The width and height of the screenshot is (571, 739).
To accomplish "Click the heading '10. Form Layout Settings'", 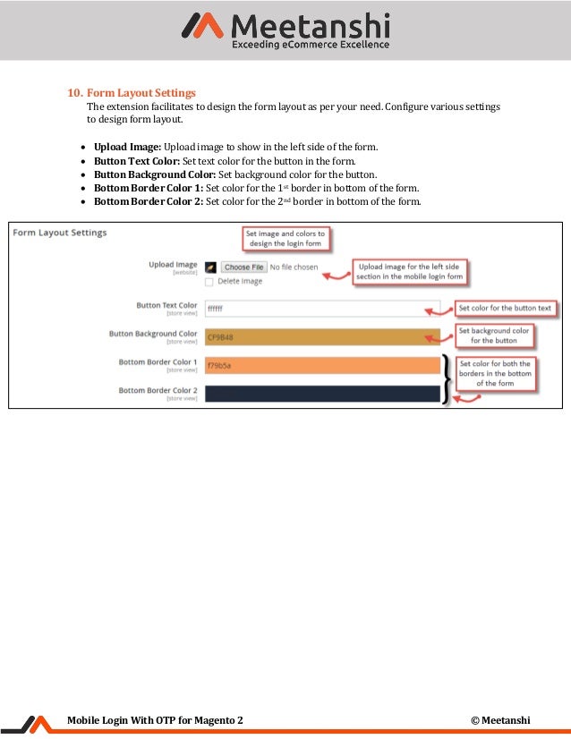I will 132,93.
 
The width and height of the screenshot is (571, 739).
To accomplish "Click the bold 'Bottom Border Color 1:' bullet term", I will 149,188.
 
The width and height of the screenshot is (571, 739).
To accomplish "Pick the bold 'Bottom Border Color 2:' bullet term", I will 149,201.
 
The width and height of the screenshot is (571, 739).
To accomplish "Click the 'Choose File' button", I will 243,267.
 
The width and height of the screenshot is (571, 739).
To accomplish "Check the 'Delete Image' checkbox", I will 209,281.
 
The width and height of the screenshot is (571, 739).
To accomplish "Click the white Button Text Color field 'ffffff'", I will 322,309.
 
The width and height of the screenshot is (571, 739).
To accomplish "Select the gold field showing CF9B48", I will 322,337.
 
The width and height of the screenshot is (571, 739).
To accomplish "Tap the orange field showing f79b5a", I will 322,365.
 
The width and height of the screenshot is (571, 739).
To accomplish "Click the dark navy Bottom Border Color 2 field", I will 322,393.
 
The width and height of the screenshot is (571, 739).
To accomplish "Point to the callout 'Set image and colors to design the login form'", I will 285,238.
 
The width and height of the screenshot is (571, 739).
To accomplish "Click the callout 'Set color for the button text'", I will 505,309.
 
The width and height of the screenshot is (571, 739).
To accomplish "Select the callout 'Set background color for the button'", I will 494,336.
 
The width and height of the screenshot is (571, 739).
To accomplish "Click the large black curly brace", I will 446,379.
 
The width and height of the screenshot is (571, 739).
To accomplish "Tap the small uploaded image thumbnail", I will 209,267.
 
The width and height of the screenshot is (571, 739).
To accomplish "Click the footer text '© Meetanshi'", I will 500,720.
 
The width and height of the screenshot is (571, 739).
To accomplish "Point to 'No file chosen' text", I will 294,267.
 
